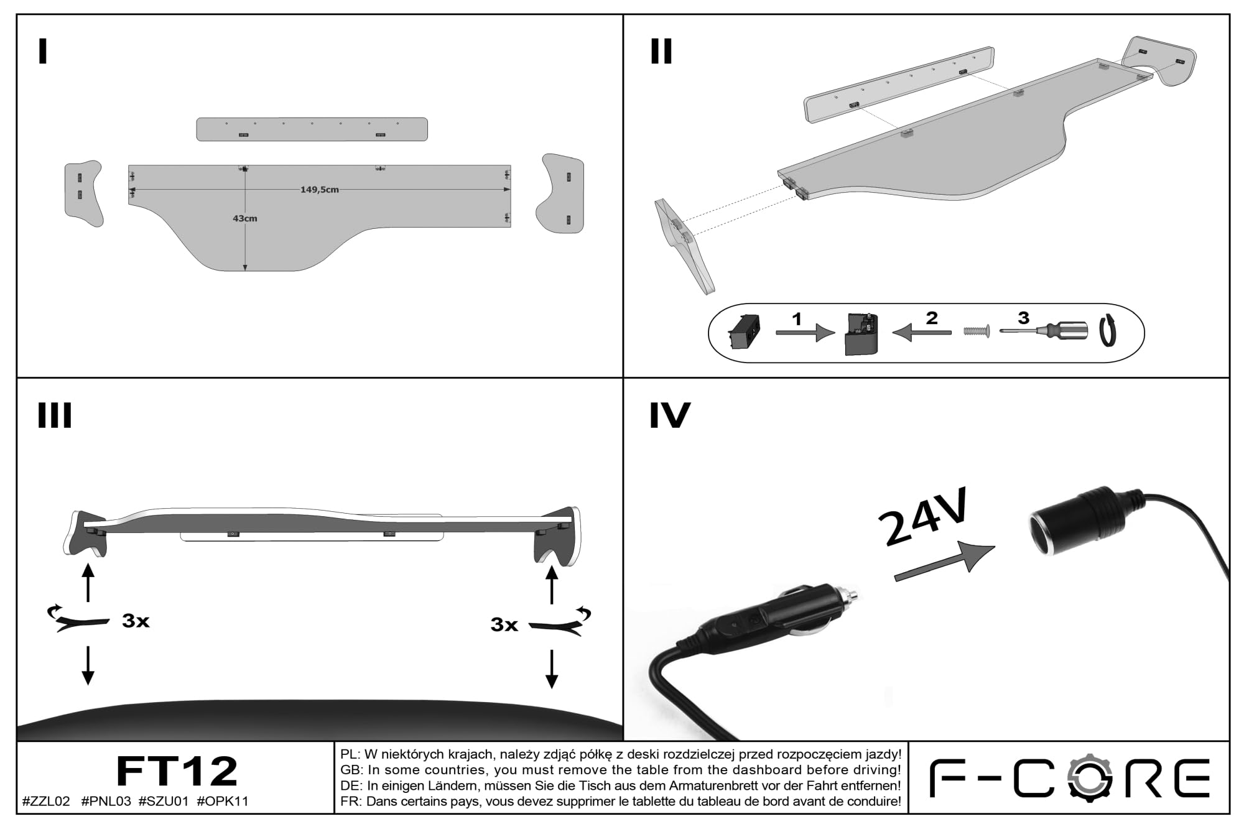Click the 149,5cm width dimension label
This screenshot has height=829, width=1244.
pyautogui.click(x=320, y=190)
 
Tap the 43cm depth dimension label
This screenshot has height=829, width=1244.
pyautogui.click(x=244, y=218)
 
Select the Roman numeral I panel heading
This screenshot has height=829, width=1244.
pyautogui.click(x=42, y=52)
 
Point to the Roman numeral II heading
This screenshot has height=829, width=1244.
pyautogui.click(x=661, y=52)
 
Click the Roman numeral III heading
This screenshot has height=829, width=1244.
pyautogui.click(x=55, y=415)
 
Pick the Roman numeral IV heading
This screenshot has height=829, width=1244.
pyautogui.click(x=670, y=415)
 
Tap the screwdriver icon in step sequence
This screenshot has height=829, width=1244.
pyautogui.click(x=1044, y=331)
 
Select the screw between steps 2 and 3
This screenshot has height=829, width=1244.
pyautogui.click(x=977, y=331)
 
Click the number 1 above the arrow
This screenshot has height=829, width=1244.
pyautogui.click(x=797, y=319)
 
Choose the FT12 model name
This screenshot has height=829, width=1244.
pyautogui.click(x=177, y=771)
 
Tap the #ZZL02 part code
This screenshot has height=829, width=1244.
pyautogui.click(x=46, y=801)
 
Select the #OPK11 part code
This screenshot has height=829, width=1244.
pyautogui.click(x=223, y=801)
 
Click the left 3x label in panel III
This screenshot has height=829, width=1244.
pyautogui.click(x=136, y=621)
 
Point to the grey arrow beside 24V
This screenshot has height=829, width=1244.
pyautogui.click(x=944, y=562)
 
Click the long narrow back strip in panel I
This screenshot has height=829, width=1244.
pyautogui.click(x=312, y=129)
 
